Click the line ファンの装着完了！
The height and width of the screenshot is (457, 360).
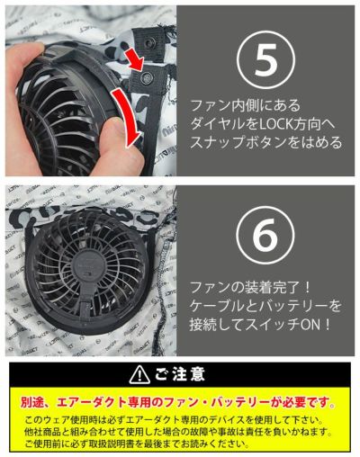pos(252,287)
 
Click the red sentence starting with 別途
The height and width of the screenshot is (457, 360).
pos(179,399)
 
